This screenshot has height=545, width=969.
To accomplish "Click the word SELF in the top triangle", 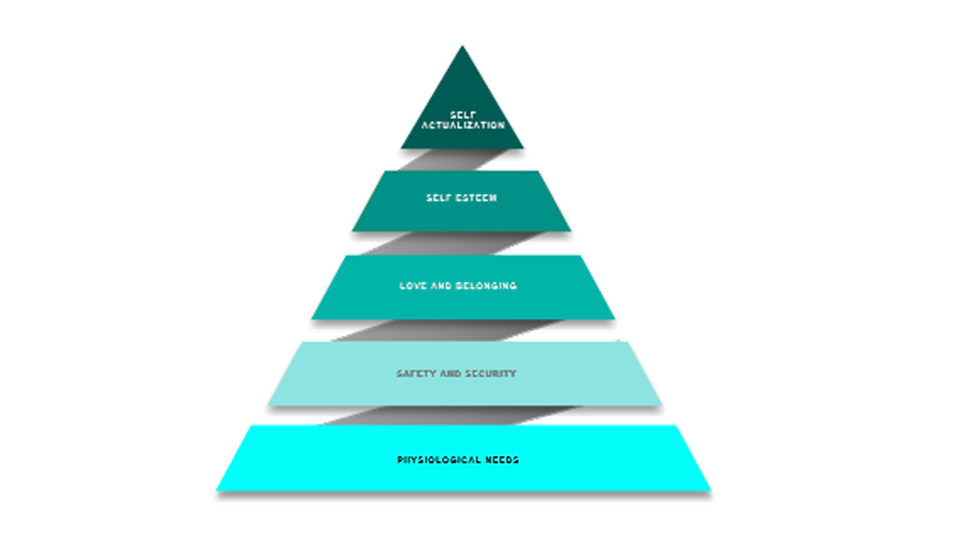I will (x=462, y=115).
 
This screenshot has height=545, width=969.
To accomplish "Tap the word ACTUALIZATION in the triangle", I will (x=462, y=126).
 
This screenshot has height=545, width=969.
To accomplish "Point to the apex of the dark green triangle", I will (x=462, y=47).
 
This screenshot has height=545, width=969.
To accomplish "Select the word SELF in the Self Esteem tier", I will (x=438, y=198).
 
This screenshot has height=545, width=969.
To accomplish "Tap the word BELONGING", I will (x=487, y=286).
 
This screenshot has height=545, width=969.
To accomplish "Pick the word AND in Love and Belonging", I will (x=443, y=286).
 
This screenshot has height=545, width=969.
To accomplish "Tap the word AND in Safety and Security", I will (x=449, y=374).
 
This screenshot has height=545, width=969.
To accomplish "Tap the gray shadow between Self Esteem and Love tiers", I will (x=435, y=242).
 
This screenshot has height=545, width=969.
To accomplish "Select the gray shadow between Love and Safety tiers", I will (x=396, y=329).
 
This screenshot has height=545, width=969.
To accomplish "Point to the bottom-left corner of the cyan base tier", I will (x=218, y=490).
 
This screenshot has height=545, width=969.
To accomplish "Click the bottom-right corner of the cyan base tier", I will (x=710, y=490).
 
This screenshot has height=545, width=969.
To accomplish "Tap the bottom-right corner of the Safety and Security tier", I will (x=661, y=404).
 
